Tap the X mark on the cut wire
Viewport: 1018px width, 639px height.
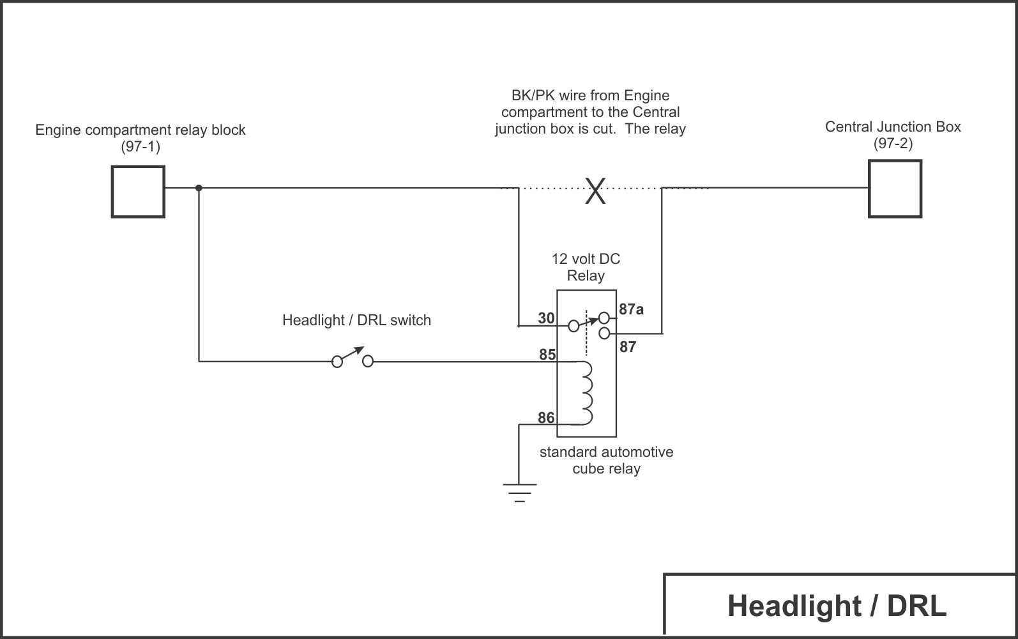click(x=595, y=190)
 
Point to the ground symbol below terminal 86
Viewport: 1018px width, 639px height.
click(x=519, y=493)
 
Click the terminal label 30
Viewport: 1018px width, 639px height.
click(x=546, y=318)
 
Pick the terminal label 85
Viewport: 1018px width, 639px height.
click(x=547, y=354)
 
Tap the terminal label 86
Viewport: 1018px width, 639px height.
click(x=546, y=417)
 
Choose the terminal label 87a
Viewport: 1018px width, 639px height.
click(x=631, y=309)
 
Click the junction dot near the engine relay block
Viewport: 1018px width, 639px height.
click(x=199, y=188)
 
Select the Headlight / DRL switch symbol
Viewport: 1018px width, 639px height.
click(x=353, y=357)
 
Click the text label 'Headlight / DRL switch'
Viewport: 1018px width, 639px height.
click(x=357, y=320)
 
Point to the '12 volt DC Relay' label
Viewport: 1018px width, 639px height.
click(x=586, y=267)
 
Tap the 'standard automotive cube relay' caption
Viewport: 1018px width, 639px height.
click(x=606, y=460)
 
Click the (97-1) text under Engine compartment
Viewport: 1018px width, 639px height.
click(x=141, y=146)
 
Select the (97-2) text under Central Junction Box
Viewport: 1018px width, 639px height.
click(x=893, y=143)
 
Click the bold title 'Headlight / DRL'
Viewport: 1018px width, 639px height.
click(x=837, y=606)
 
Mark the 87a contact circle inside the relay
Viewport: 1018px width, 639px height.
click(x=604, y=318)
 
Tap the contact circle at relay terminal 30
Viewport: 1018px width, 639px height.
click(x=574, y=326)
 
